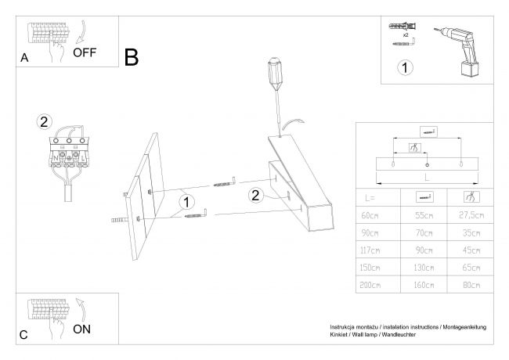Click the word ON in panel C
click(x=82, y=329)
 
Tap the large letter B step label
click(x=132, y=56)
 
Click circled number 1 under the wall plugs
click(x=405, y=67)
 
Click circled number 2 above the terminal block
click(x=44, y=121)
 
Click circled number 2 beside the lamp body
click(x=254, y=196)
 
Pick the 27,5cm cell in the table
click(x=469, y=215)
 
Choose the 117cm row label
click(x=369, y=250)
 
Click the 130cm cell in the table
click(x=424, y=268)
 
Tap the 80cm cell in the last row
click(x=469, y=286)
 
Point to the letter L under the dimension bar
click(x=427, y=178)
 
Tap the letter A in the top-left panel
click(x=25, y=58)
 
